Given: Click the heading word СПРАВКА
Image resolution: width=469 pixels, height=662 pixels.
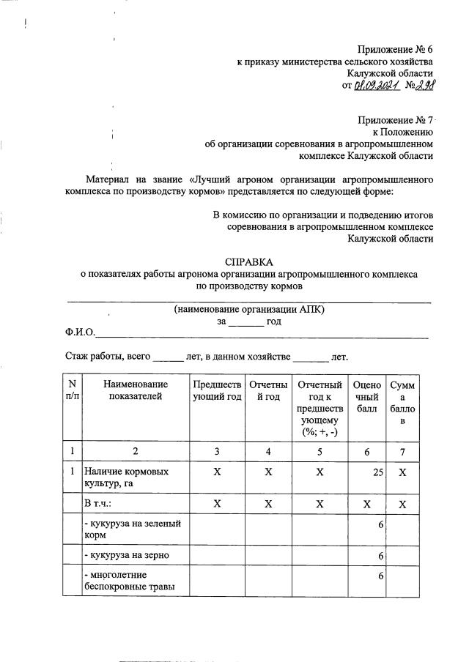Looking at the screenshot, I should [x=248, y=261].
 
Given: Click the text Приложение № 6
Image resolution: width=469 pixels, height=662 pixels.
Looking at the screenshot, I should [x=396, y=49].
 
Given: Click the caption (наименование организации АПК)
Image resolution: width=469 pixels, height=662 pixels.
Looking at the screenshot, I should [x=248, y=309].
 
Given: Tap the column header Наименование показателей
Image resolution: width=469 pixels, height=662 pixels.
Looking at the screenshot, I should [x=136, y=390].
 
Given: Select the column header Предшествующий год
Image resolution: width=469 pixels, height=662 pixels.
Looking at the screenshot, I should [x=217, y=390].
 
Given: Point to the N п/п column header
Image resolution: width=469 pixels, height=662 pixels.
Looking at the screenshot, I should [x=73, y=390].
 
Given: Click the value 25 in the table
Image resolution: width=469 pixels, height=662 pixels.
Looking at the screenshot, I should [x=377, y=472].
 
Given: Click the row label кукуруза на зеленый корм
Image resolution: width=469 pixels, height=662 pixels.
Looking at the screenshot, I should [x=131, y=529].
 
